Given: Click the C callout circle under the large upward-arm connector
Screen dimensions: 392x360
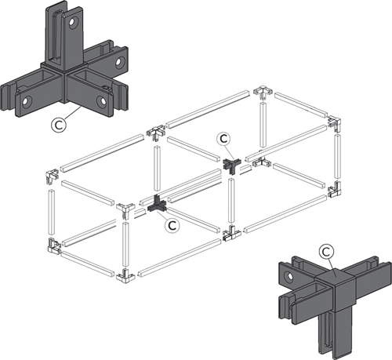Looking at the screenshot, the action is [x=59, y=125].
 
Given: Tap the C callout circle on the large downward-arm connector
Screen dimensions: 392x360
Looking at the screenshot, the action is [x=326, y=252].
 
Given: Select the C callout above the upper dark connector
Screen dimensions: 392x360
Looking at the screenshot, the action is [x=223, y=139].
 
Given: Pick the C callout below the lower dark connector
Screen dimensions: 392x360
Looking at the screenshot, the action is [x=172, y=225].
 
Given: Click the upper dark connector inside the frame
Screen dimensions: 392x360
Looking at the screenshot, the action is [x=231, y=165].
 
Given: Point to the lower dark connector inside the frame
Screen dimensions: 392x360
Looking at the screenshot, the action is [x=158, y=205].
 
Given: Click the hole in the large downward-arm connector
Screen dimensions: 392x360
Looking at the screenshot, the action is [x=289, y=276].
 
